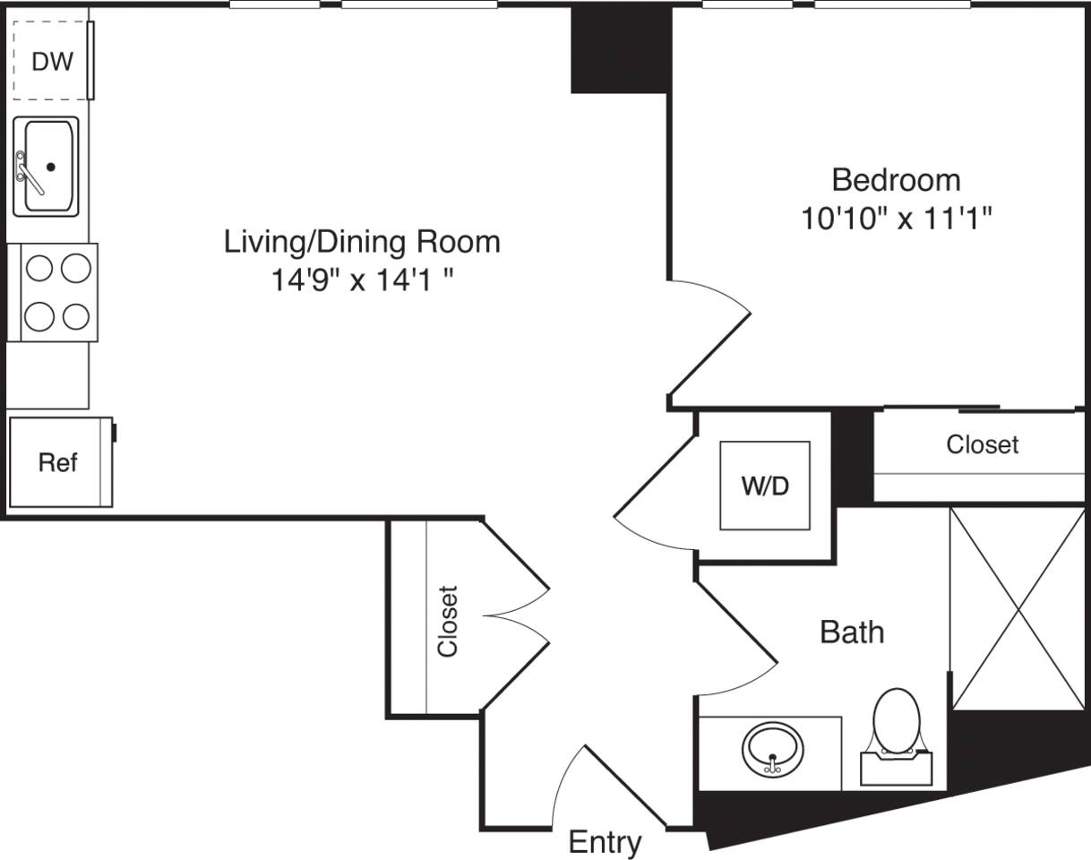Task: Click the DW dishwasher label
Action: (52, 62)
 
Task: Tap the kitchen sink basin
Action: (50, 167)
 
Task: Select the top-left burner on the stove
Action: (38, 267)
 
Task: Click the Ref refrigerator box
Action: (58, 462)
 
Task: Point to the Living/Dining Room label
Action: (361, 242)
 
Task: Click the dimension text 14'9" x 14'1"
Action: (361, 281)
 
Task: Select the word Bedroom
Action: (896, 180)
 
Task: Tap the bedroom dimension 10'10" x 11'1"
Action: (898, 219)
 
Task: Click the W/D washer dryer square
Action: (765, 486)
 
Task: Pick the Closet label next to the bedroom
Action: (982, 444)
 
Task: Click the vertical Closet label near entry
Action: (447, 621)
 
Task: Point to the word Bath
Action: (852, 632)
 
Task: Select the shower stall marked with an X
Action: (1018, 608)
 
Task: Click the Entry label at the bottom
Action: (606, 842)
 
